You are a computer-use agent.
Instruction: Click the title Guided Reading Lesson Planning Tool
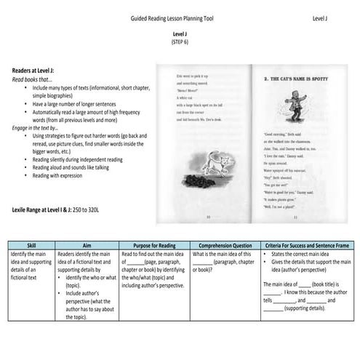click(x=171, y=16)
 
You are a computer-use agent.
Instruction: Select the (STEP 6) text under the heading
click(x=179, y=42)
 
